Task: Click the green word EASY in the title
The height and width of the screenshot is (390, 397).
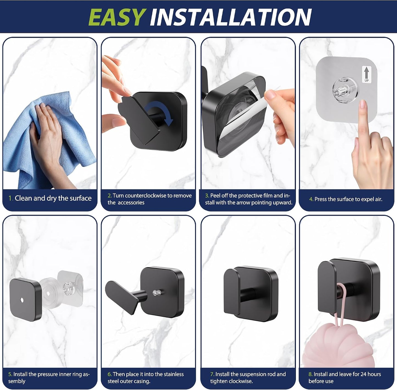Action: [116, 17]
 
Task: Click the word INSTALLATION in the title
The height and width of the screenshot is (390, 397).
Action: [231, 17]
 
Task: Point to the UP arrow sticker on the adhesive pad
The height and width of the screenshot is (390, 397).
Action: [367, 74]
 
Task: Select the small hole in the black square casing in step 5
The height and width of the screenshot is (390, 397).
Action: [22, 300]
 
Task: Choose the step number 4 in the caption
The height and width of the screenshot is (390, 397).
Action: [311, 199]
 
